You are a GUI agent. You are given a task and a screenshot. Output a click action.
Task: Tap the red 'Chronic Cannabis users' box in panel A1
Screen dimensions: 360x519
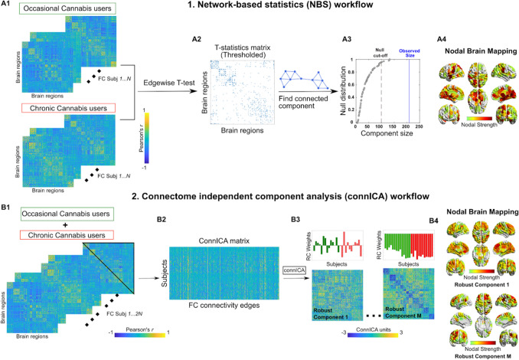click(57, 106)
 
